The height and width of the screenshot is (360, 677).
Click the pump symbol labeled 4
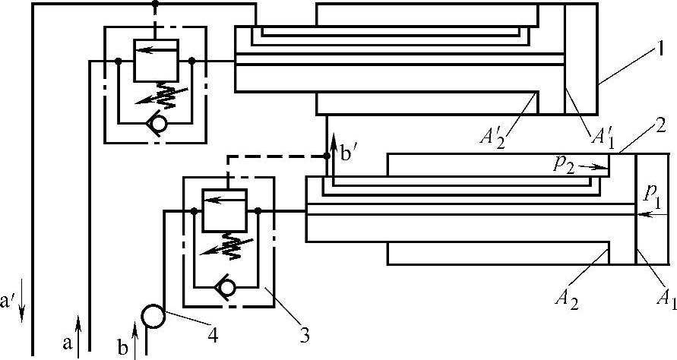(152, 314)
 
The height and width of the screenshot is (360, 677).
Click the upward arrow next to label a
(79, 337)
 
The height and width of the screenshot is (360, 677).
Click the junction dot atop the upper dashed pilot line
(156, 4)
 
